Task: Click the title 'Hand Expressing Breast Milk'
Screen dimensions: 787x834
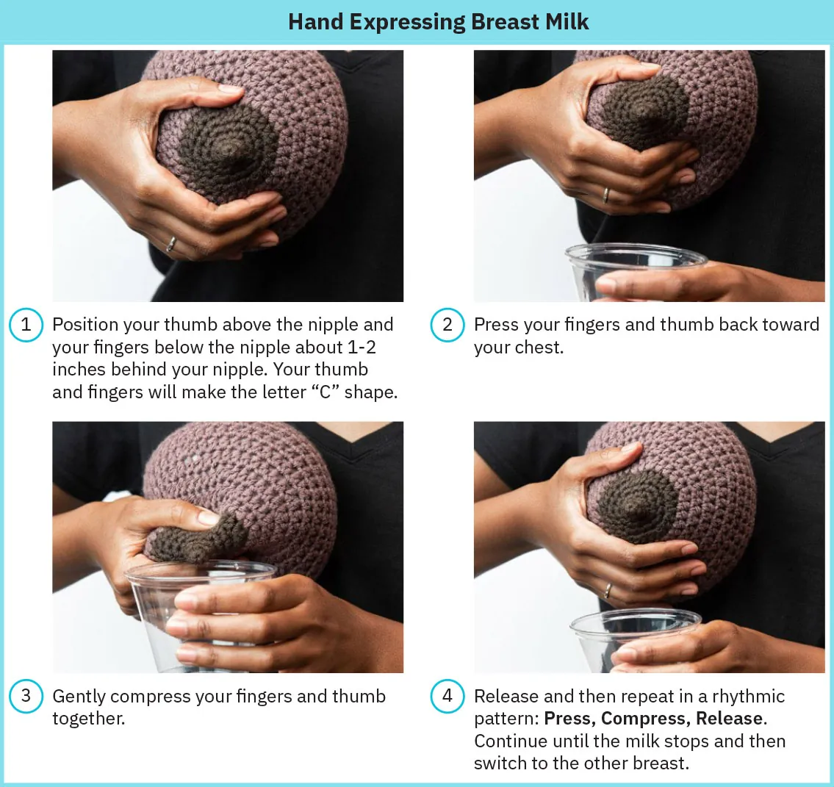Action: [x=438, y=21]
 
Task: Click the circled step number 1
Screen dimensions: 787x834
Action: [x=26, y=325]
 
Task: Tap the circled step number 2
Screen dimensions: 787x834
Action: [x=447, y=325]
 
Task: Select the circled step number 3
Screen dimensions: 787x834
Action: [x=26, y=696]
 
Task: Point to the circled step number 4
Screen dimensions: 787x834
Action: [x=447, y=696]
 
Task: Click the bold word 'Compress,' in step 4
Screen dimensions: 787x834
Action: [x=645, y=719]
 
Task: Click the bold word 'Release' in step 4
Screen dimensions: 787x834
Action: [x=729, y=719]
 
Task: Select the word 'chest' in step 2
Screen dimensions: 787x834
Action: [x=538, y=347]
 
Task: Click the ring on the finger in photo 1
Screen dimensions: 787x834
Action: [x=170, y=244]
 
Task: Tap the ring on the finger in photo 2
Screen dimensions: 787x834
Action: [x=605, y=195]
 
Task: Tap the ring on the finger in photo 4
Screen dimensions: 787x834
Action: [x=608, y=591]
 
